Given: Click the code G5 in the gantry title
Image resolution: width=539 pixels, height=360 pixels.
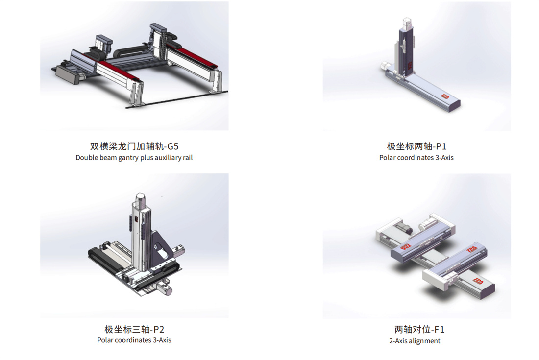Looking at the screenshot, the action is point(173,146).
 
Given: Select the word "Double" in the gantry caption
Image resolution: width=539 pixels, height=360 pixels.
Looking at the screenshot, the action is point(87,158).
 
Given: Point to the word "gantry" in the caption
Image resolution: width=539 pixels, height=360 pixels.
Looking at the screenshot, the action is point(128,158).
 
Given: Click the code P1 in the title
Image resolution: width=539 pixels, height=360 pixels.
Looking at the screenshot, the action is point(441,146).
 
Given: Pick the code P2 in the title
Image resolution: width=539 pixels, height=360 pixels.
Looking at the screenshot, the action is point(158,330).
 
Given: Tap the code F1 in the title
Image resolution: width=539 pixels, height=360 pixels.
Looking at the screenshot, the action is point(440,330).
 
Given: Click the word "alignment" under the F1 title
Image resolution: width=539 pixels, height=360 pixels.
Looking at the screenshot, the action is point(425,341).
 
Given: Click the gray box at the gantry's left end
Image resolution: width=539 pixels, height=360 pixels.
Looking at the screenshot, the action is point(68,74).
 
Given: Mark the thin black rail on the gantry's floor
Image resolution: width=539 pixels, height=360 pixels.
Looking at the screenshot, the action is point(177,99).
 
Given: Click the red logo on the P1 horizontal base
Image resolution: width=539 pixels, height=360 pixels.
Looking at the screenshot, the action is point(445,96).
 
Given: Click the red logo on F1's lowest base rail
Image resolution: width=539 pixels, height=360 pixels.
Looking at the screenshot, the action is point(478,281).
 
